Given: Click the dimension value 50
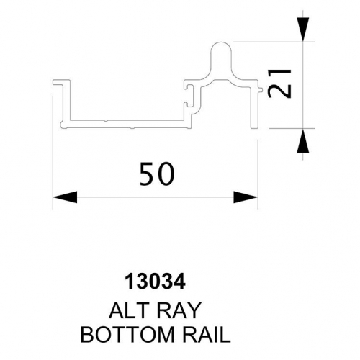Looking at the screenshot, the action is coord(157,174).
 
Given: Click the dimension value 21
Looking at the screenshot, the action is coord(280,84).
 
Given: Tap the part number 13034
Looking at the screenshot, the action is coord(156,282).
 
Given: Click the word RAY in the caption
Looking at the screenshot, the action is coord(177,310).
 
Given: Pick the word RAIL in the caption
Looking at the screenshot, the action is coord(207,335).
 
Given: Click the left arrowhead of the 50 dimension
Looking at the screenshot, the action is coord(65,197).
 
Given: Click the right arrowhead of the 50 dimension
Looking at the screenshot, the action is coord(246,197).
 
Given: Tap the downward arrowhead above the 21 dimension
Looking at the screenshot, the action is coord(302,30).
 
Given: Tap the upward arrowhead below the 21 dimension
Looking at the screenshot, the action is coord(302,140).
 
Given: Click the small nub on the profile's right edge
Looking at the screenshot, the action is coord(261,90).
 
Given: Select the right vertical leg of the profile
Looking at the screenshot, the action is coord(254,107).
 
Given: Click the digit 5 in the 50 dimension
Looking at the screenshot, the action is coord(148,174).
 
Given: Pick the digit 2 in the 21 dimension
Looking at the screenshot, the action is coord(280,91).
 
